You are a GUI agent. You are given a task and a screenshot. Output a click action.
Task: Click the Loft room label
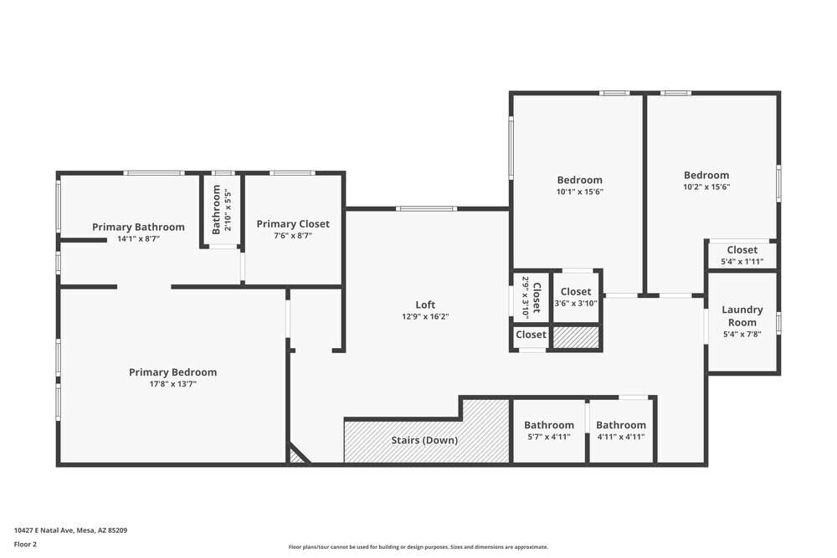tap(425, 305)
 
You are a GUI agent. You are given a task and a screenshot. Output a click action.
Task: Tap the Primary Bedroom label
tap(173, 372)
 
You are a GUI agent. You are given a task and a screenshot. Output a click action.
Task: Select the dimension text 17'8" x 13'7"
tap(173, 384)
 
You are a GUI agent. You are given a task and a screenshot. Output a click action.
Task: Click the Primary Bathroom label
tap(138, 228)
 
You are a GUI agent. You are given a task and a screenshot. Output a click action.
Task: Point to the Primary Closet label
tap(293, 224)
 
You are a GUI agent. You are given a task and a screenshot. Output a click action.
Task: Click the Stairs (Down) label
tap(424, 440)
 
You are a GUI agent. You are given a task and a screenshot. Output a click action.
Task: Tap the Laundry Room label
tap(742, 315)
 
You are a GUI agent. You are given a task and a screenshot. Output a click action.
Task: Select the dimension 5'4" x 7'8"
tap(742, 335)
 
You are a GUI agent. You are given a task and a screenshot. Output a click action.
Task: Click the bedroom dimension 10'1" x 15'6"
tap(580, 192)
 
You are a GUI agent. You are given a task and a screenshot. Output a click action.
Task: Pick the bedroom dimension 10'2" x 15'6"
tap(706, 187)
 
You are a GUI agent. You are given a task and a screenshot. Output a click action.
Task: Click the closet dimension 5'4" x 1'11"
tap(742, 262)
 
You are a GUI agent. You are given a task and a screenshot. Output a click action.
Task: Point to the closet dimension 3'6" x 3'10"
tap(576, 304)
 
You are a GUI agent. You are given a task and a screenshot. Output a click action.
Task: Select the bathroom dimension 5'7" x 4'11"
tap(549, 437)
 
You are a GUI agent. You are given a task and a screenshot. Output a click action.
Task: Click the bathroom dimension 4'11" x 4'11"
tap(621, 437)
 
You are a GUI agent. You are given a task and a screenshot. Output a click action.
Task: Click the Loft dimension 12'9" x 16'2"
tap(425, 316)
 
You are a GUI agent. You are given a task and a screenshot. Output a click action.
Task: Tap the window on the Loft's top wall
tap(426, 208)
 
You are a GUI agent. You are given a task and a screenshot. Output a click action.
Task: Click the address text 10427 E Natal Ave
tap(44, 530)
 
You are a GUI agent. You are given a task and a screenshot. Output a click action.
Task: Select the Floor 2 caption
tap(25, 544)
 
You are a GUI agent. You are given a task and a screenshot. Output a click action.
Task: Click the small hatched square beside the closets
tap(576, 337)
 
